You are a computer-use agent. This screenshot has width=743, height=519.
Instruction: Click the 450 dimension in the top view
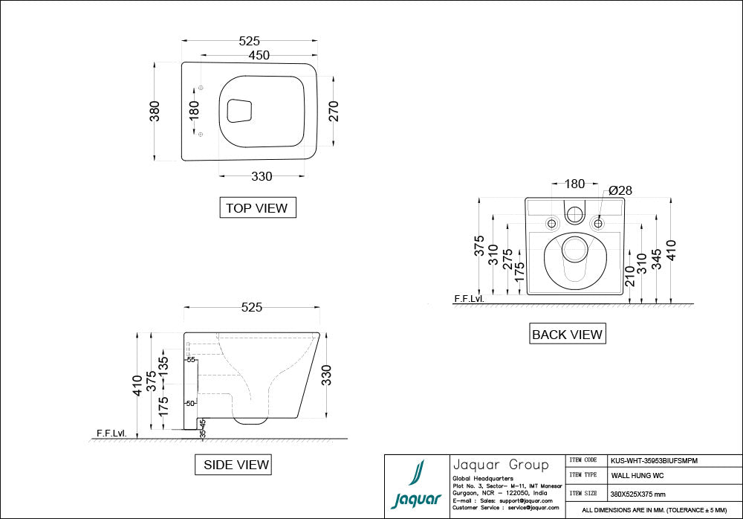(x=259, y=56)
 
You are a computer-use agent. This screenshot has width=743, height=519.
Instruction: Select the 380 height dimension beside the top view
(x=155, y=111)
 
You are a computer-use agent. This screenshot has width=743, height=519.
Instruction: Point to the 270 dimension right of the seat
(x=334, y=111)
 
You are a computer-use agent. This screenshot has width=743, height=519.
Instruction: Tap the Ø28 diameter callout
(x=620, y=190)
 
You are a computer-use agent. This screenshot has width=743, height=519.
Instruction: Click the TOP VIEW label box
(x=257, y=208)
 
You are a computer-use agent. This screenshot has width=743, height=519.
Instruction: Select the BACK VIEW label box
(x=567, y=335)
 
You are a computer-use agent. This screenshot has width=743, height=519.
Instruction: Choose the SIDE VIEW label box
(x=233, y=465)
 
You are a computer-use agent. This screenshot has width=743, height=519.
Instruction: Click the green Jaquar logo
(x=416, y=487)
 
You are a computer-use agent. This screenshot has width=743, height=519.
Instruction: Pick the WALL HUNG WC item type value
(x=637, y=475)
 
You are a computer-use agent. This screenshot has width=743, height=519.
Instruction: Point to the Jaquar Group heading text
(x=500, y=465)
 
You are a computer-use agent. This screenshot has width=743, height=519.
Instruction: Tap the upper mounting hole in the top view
(x=201, y=88)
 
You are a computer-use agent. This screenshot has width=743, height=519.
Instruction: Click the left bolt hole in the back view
(x=551, y=223)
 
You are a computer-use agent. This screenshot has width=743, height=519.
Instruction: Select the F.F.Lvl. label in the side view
(x=111, y=432)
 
